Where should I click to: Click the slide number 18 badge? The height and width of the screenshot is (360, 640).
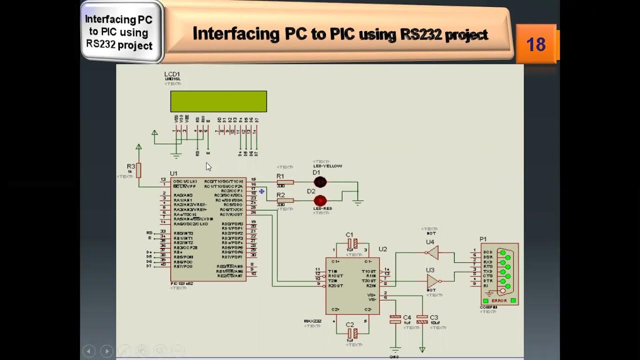point(535,44)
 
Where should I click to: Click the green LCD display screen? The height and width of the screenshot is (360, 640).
point(218,101)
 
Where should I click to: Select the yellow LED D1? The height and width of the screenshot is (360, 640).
point(320,182)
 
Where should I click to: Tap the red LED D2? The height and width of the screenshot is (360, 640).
point(320,200)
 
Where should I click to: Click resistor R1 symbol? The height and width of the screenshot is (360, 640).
point(285,182)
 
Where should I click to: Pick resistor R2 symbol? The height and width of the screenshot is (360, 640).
point(285,200)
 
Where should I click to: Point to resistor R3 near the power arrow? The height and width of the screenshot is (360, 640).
point(138,170)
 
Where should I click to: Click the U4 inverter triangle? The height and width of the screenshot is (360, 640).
point(432,253)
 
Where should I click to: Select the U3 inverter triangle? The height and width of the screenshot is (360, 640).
point(432,281)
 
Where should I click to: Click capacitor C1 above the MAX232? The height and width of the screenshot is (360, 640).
point(352,243)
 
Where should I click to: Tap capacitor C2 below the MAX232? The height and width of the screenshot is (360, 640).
point(352,333)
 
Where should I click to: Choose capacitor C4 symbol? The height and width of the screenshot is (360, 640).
point(395,318)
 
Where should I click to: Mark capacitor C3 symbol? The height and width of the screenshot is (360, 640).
point(422,318)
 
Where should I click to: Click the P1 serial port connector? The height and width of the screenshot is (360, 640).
point(500,274)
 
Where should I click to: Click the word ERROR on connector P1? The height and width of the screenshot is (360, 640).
point(499,300)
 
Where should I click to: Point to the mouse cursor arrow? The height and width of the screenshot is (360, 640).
point(208,166)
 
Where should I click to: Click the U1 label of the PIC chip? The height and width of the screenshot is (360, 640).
point(173,173)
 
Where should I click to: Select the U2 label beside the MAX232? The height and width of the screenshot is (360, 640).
point(382,249)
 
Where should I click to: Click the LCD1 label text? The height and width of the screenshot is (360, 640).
point(172,74)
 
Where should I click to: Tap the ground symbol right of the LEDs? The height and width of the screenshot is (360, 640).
point(358,202)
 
